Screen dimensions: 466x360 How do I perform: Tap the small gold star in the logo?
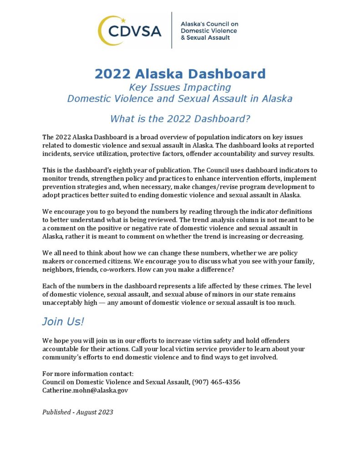point(123,20)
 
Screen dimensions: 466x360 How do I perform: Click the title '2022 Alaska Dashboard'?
point(180,74)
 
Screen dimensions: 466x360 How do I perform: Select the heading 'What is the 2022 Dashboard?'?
point(180,119)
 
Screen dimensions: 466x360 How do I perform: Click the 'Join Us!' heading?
point(63,321)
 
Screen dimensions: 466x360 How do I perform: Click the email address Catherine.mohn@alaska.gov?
point(85,390)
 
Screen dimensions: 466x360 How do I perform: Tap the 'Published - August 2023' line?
point(77,412)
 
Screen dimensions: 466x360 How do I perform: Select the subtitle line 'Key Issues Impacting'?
point(180,87)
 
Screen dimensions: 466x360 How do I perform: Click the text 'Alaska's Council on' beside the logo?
point(209,24)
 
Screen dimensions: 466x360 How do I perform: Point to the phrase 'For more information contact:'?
point(88,374)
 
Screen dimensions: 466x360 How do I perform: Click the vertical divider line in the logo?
point(172,30)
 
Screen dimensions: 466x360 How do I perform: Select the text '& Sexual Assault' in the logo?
point(205,38)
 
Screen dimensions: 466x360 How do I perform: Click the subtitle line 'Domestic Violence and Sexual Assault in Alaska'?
point(180,99)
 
